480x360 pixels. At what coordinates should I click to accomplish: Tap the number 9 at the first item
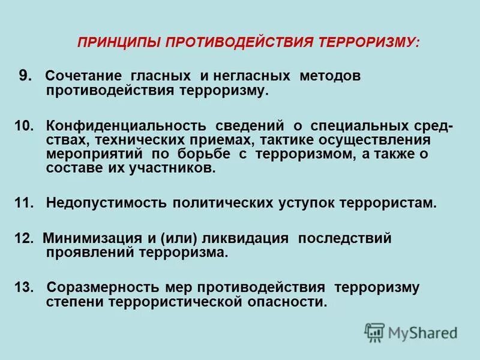pos(23,76)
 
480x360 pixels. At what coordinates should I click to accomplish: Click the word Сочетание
pos(83,77)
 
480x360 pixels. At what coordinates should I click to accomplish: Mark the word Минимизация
pos(90,238)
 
